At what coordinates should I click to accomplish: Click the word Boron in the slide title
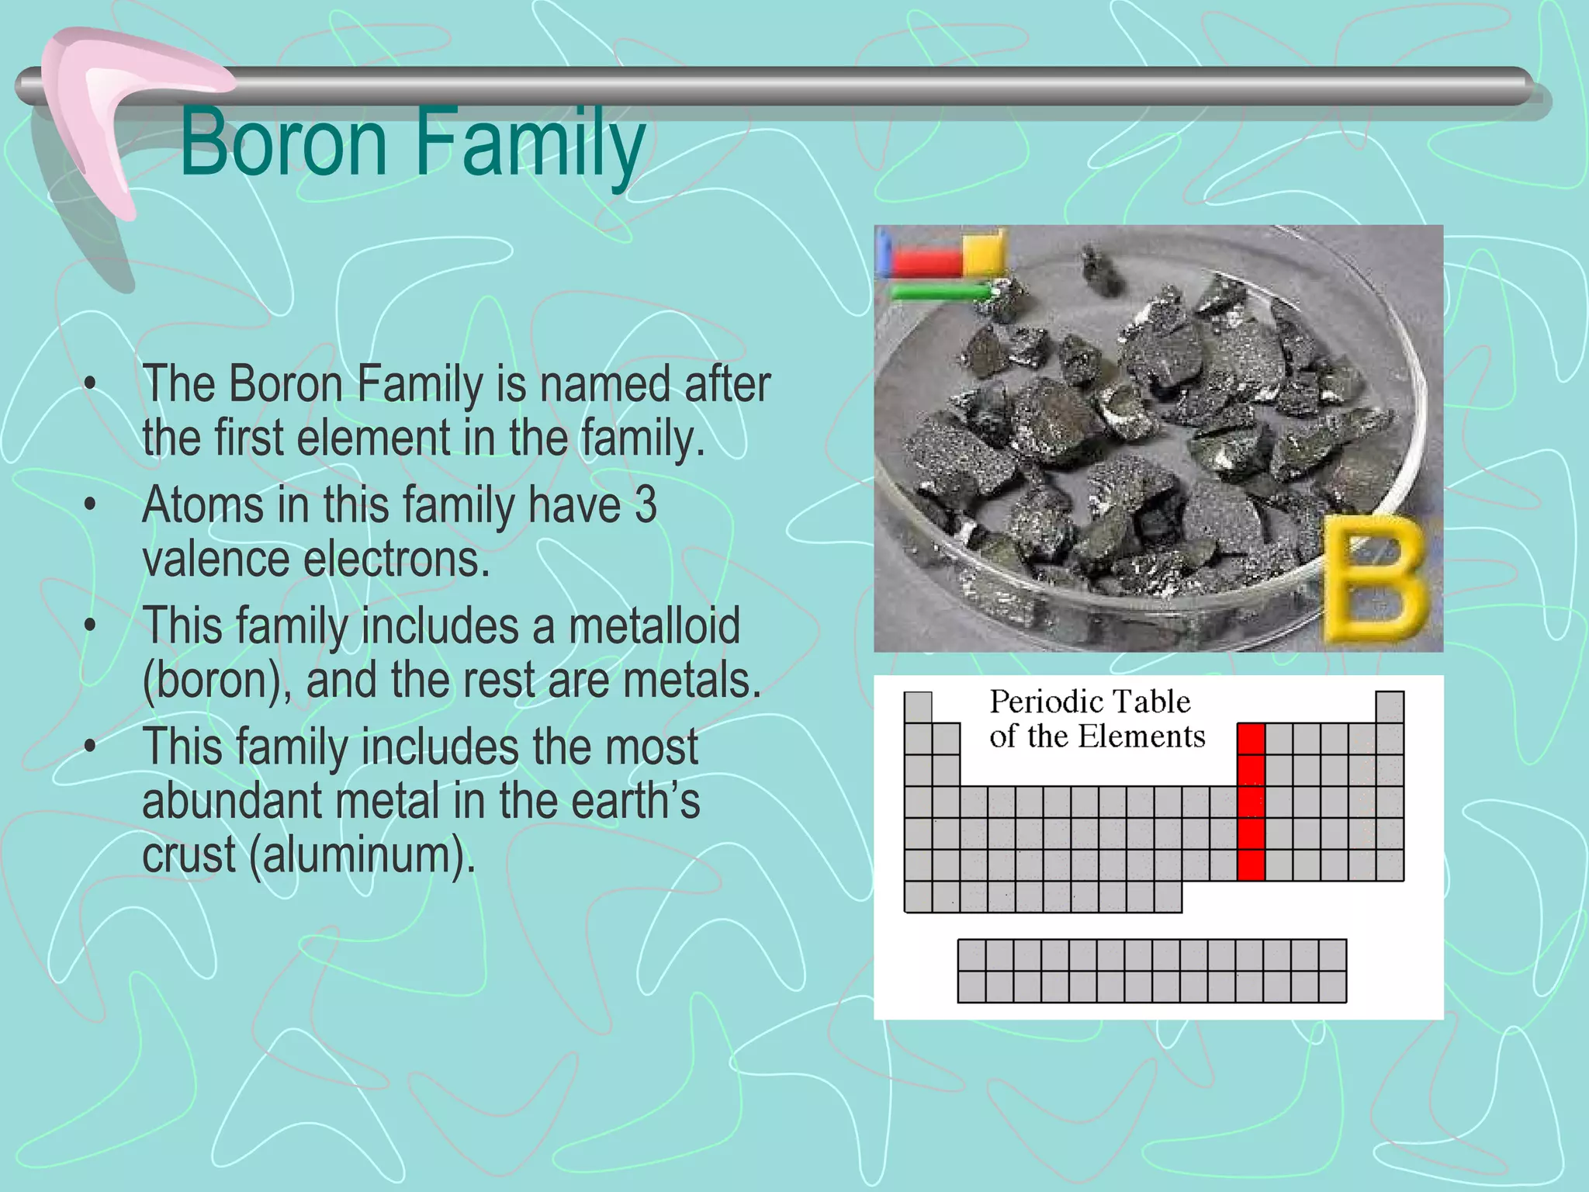point(283,144)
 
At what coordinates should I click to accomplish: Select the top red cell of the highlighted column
point(1251,739)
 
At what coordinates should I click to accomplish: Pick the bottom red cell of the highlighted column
point(1251,865)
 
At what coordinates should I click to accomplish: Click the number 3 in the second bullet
point(646,505)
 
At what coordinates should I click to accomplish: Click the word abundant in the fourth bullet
point(232,801)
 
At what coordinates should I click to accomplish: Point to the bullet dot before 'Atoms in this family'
point(91,505)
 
